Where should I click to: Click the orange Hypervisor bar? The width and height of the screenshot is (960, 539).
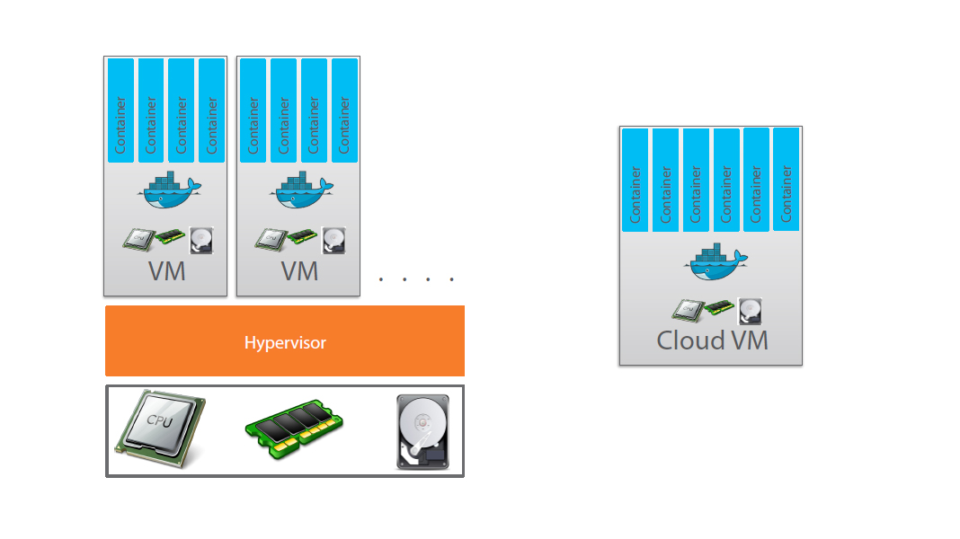click(284, 341)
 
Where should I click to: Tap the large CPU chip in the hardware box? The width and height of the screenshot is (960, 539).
click(160, 429)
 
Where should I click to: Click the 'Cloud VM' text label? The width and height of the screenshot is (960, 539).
click(712, 341)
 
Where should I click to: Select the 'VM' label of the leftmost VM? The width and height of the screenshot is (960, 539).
click(167, 270)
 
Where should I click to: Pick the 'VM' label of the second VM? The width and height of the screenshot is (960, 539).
click(299, 270)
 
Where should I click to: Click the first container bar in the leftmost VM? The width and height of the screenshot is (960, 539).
click(121, 110)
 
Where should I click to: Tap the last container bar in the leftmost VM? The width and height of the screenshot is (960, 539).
click(212, 110)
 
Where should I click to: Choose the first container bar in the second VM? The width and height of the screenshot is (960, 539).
click(253, 110)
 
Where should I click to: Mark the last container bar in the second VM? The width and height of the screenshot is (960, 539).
click(344, 110)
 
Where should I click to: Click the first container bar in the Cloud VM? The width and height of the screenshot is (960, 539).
click(636, 180)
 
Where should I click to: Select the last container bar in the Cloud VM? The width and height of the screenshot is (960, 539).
click(787, 180)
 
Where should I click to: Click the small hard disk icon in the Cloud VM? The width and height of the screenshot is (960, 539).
click(750, 311)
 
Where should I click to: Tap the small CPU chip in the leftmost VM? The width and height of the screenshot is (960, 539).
click(138, 239)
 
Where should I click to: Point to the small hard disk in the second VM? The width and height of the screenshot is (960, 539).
click(334, 240)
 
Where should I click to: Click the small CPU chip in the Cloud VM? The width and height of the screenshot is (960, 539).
click(687, 310)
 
